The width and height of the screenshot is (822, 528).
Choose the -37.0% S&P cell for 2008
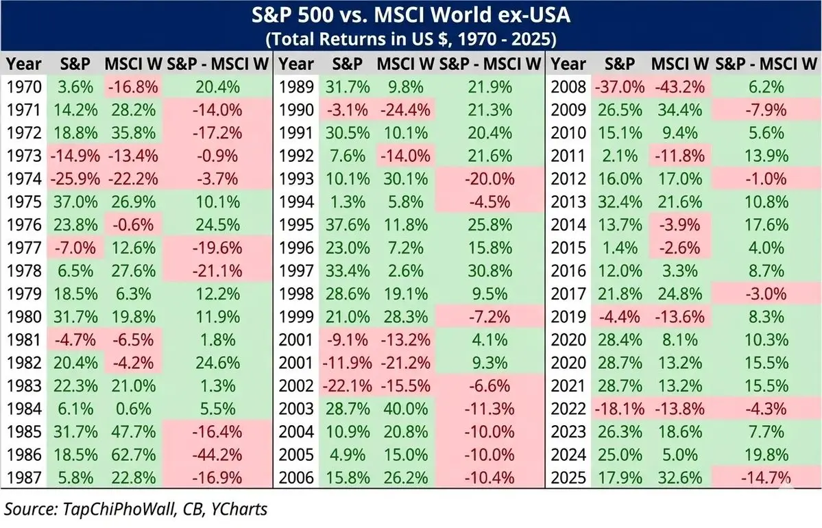(x=620, y=87)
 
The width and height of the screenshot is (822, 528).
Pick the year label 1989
(x=298, y=87)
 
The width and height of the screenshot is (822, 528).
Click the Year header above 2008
(x=569, y=64)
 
